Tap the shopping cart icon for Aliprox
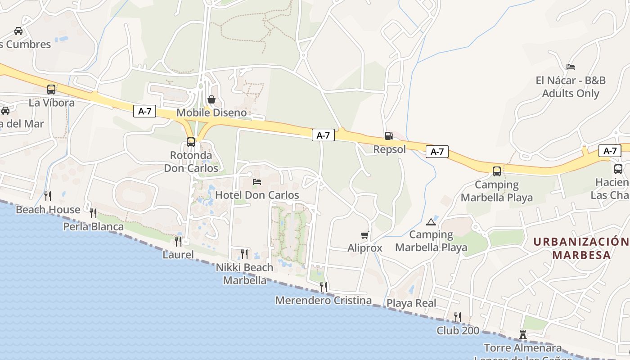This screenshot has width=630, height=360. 365,235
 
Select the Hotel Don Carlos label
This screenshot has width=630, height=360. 257,195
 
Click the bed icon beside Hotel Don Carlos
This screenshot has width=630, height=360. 257,182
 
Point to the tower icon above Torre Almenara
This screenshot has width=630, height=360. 523,335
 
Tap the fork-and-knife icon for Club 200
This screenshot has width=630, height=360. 457,317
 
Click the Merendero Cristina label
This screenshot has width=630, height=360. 324,300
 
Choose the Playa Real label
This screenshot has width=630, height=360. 411,303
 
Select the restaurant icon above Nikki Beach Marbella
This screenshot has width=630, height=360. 244,254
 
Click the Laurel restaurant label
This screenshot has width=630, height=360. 178,255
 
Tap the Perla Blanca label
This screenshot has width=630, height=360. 93,226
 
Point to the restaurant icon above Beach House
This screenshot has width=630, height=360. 48,196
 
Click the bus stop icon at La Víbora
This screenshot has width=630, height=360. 51,90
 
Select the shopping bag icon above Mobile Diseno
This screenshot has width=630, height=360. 211,99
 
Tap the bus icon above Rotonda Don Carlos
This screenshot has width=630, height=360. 191,142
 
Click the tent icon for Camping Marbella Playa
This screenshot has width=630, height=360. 431,222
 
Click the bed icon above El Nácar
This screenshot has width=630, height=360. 571,67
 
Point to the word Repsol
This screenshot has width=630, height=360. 390,149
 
